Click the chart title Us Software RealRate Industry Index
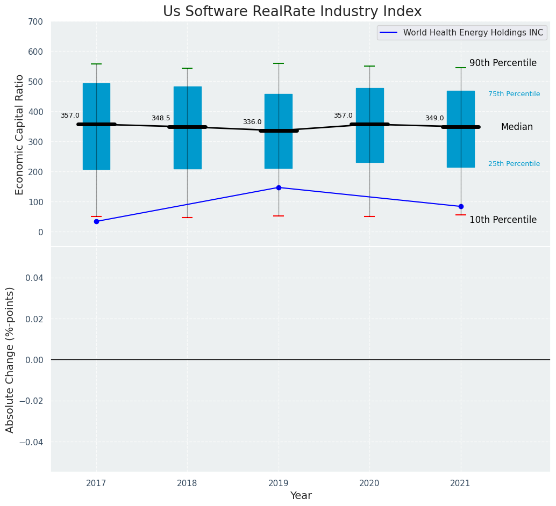(x=292, y=12)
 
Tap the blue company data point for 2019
(x=279, y=187)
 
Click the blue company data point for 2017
(x=96, y=221)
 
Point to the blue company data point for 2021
(x=461, y=206)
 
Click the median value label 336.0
(x=252, y=122)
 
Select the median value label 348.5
(x=161, y=119)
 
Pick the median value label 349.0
(x=434, y=119)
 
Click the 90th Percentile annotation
(x=503, y=63)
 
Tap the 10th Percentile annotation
(x=503, y=220)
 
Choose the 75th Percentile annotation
(x=514, y=94)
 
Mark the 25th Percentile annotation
(x=514, y=164)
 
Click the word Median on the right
(x=517, y=127)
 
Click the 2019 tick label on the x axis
(x=279, y=483)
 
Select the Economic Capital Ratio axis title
(x=20, y=134)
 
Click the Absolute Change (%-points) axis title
(x=10, y=359)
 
